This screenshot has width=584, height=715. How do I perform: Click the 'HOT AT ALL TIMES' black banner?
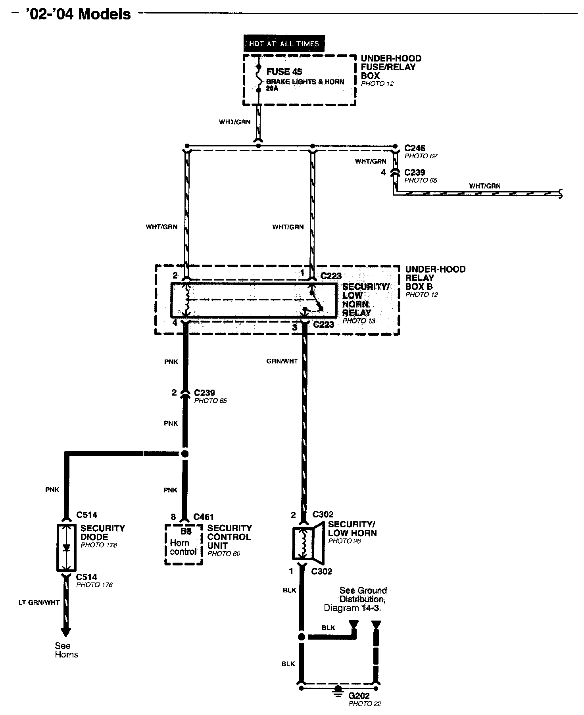[284, 43]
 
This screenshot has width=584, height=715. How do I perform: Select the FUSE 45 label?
[284, 72]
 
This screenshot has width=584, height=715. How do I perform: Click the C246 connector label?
[415, 148]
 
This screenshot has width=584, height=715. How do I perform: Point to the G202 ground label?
[359, 696]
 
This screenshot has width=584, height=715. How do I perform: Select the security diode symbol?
[66, 548]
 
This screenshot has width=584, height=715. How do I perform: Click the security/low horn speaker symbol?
[309, 544]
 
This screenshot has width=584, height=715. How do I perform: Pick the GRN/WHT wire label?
[282, 361]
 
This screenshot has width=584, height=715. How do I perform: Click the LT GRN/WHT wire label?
[39, 602]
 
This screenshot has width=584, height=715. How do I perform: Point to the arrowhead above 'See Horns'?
[66, 632]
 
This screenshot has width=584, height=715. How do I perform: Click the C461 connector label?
[204, 517]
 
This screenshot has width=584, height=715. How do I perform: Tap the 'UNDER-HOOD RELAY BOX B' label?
[435, 278]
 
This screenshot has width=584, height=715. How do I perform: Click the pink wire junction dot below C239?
[184, 454]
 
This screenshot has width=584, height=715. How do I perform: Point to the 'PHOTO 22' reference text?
[365, 704]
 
